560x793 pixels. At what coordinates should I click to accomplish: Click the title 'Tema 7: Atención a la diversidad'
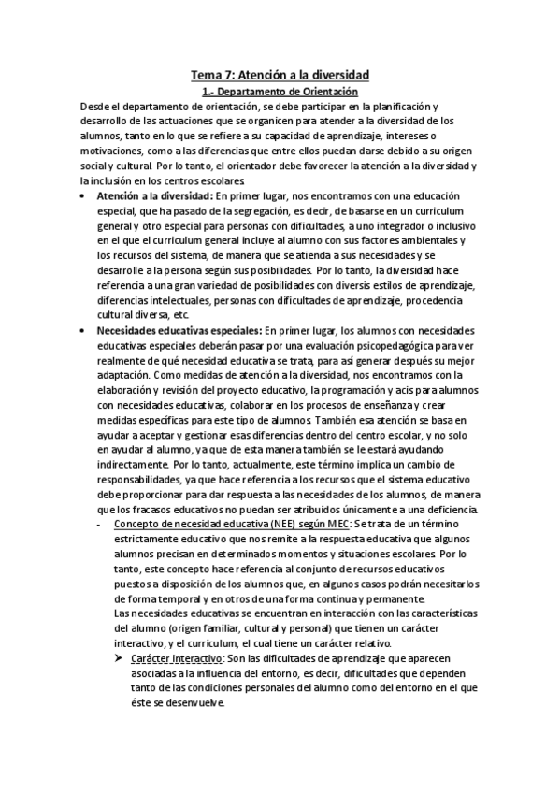pyautogui.click(x=280, y=73)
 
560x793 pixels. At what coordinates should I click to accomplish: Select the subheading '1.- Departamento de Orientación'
pyautogui.click(x=280, y=92)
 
